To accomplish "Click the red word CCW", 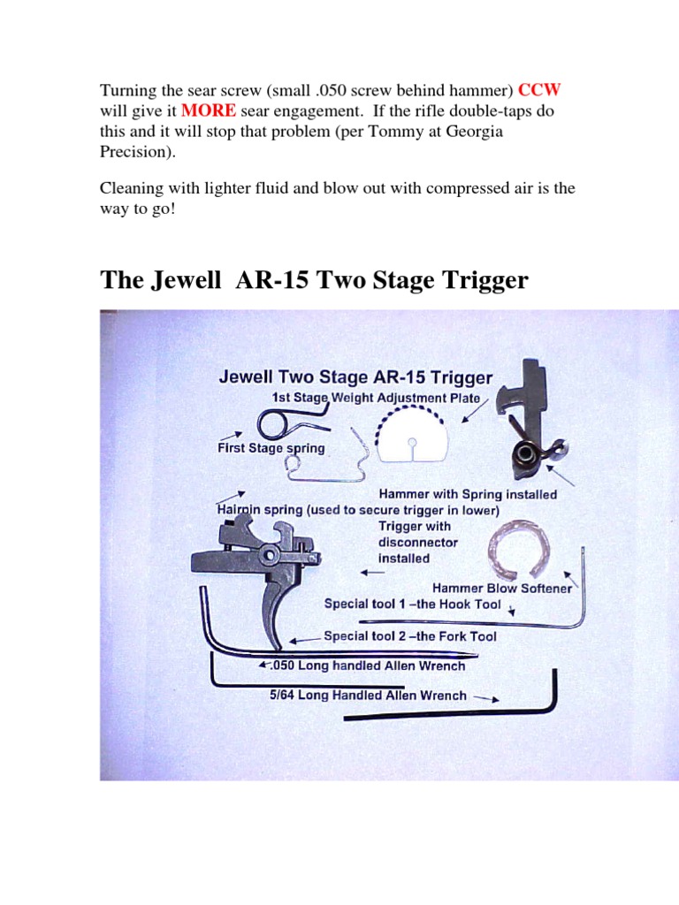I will tap(539, 90).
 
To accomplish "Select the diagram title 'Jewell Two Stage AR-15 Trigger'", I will tap(355, 377).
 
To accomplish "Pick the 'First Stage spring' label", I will tap(271, 448).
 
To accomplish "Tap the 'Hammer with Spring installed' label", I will tap(468, 495).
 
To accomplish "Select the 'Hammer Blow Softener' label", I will tap(501, 588).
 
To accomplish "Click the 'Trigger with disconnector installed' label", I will tap(403, 543).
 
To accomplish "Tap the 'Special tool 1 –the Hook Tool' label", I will tap(412, 605).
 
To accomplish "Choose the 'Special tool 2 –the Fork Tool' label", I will tap(410, 635).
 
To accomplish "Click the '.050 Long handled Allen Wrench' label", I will tap(367, 665).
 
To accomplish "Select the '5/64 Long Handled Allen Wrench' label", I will tap(368, 695).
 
